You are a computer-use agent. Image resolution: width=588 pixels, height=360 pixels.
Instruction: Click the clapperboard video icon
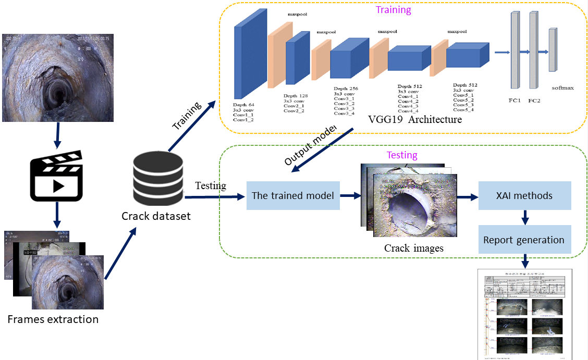pos(56,176)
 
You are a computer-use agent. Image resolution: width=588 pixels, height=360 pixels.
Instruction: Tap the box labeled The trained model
pos(293,196)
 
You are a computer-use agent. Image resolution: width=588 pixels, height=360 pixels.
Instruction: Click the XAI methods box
pos(525,196)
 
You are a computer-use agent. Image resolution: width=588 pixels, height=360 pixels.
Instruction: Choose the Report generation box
pos(524,240)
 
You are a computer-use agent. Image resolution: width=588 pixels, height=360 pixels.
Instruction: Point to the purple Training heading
pos(393,10)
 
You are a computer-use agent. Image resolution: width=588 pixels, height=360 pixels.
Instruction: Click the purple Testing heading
pos(402,155)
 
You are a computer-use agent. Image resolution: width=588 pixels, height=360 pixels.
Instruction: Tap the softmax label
pos(562,88)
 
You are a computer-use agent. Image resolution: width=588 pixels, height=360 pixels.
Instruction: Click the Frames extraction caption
pos(53,319)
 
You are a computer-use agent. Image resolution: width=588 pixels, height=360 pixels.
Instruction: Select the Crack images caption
pos(413,248)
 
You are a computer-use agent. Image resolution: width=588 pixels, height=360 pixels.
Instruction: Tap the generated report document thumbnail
pos(524,314)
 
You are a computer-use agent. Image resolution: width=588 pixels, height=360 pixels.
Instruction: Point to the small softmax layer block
pos(552,50)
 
